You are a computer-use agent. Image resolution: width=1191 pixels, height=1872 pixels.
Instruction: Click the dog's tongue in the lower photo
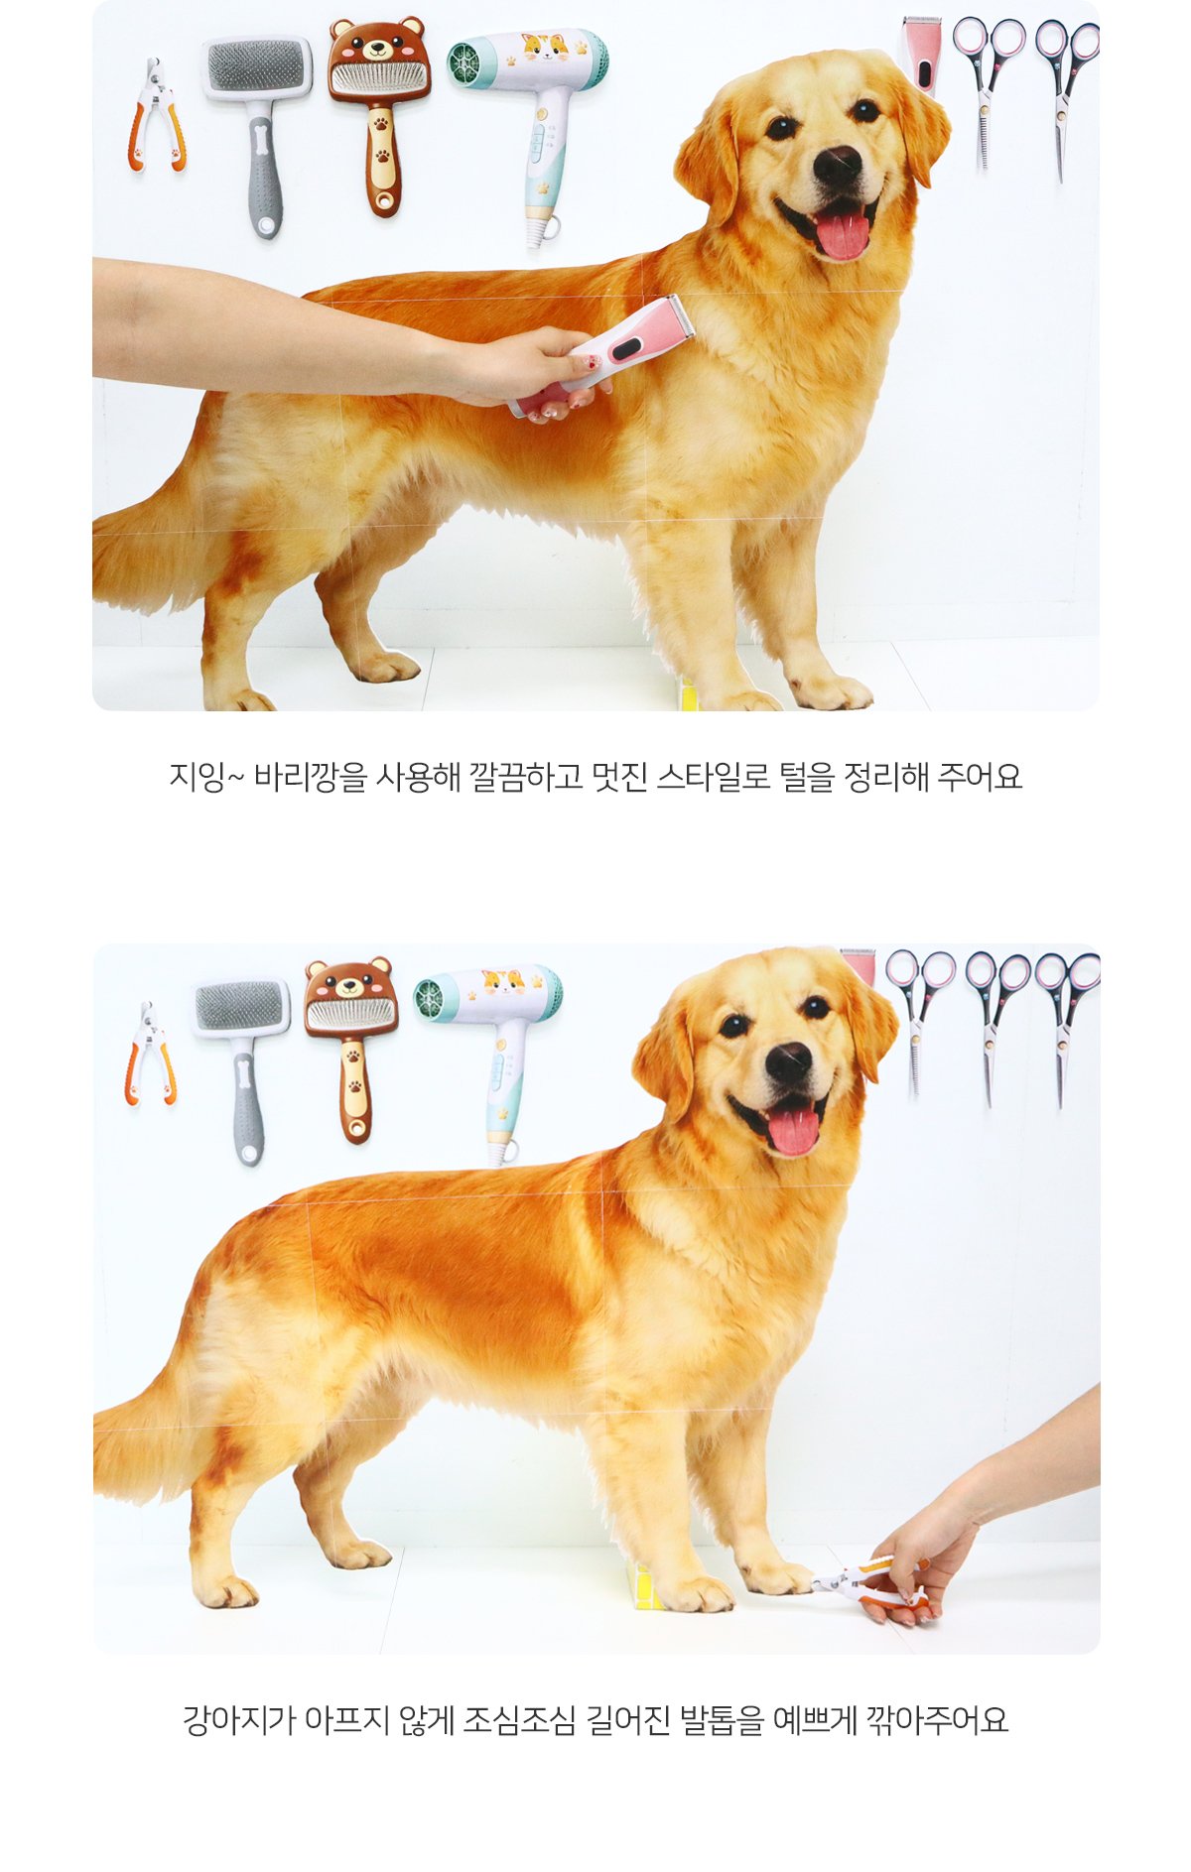click(793, 1131)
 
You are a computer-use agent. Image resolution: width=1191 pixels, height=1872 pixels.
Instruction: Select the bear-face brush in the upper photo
click(379, 114)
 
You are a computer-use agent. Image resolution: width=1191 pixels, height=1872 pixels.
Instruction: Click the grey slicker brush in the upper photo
click(257, 134)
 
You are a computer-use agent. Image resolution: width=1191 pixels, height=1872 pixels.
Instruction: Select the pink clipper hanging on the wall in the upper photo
click(922, 55)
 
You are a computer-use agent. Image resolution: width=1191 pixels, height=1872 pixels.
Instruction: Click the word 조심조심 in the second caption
click(519, 1720)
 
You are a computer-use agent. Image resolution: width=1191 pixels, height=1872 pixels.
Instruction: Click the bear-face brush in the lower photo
click(350, 1049)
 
